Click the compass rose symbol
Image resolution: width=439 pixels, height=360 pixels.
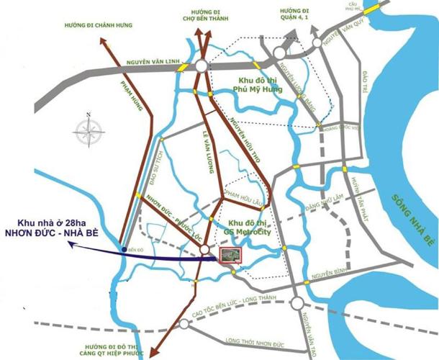coord(88,132)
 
